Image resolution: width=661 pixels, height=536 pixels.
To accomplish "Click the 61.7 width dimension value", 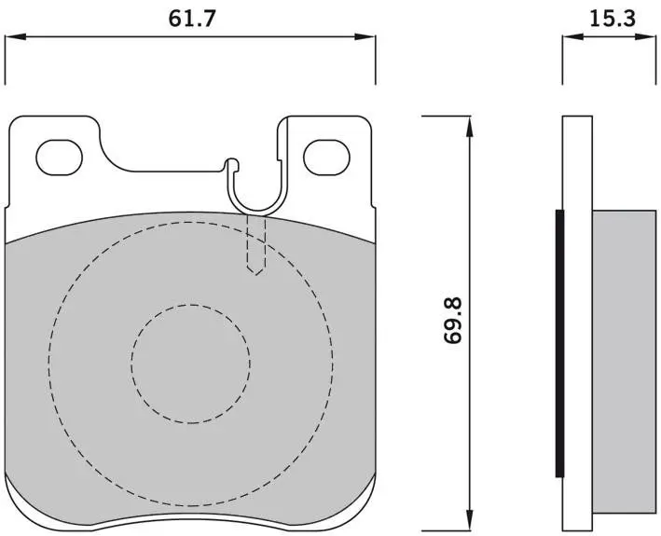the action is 192,19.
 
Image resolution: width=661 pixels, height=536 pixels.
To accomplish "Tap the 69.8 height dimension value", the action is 454,321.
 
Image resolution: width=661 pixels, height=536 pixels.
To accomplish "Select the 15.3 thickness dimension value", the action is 613,19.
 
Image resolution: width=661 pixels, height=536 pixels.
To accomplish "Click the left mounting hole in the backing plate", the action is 59,158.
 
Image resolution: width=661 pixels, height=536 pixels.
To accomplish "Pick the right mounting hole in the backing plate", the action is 326,158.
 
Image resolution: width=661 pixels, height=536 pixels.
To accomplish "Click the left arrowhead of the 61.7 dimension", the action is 15,37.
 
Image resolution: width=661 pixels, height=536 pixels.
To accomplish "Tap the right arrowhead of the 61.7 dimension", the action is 365,37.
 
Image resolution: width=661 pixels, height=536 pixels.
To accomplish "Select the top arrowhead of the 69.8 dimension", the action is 469,126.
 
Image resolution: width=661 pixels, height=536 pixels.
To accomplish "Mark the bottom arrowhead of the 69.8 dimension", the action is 469,519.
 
